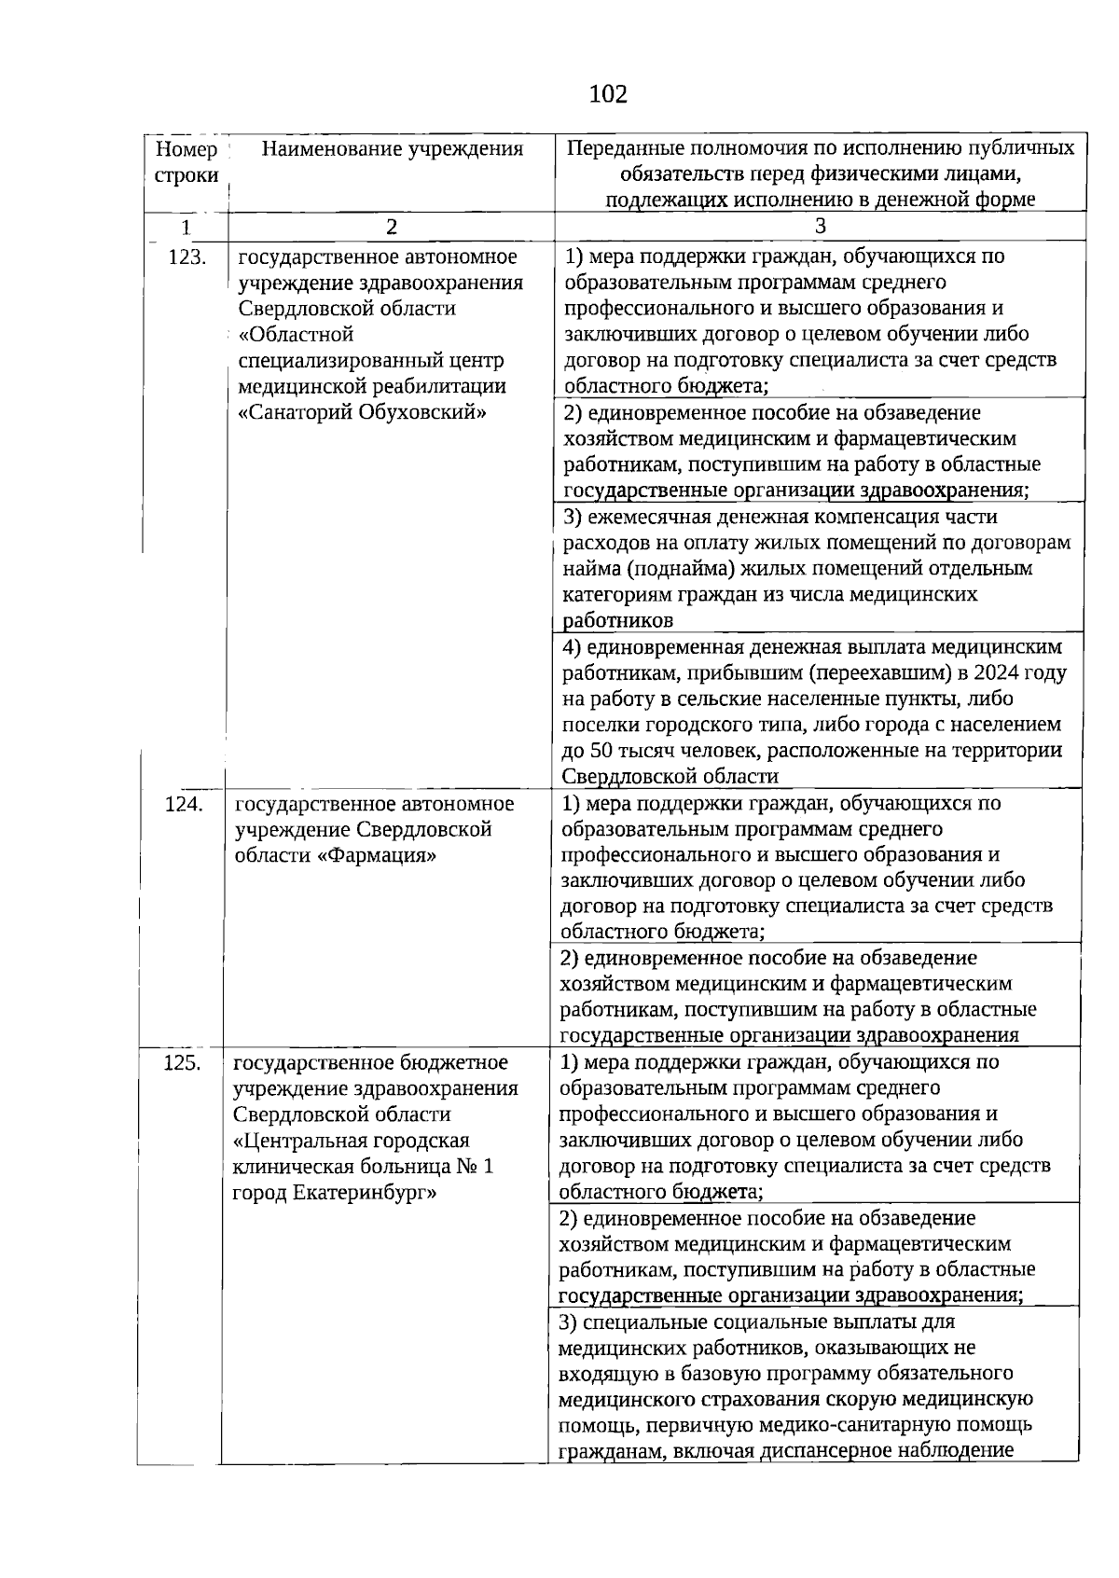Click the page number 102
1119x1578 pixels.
click(608, 94)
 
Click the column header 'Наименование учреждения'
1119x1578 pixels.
click(392, 149)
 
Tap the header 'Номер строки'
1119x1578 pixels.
click(186, 162)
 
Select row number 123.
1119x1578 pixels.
click(186, 257)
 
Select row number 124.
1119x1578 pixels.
click(184, 804)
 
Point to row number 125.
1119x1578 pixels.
click(182, 1062)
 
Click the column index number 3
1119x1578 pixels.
click(820, 227)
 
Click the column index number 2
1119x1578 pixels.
click(391, 227)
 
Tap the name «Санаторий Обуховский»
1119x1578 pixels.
click(364, 412)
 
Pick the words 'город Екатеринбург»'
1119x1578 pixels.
click(335, 1193)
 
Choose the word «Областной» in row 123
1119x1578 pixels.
click(296, 335)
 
